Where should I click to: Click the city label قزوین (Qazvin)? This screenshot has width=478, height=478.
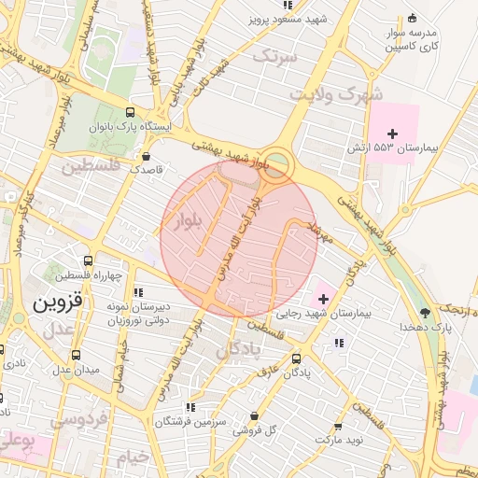(x=58, y=304)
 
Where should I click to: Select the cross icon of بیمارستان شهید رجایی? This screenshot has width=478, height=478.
(x=323, y=299)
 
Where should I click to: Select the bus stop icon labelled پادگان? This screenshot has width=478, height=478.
(x=297, y=358)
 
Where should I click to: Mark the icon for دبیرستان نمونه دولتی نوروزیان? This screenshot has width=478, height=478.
(x=138, y=292)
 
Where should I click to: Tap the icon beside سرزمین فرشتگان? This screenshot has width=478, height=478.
(x=190, y=407)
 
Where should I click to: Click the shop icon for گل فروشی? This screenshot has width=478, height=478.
(x=255, y=416)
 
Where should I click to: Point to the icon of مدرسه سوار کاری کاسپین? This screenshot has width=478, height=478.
(x=412, y=17)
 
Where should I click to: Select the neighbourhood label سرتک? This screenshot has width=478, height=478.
(x=274, y=58)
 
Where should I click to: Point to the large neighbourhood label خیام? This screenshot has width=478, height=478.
(x=132, y=457)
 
